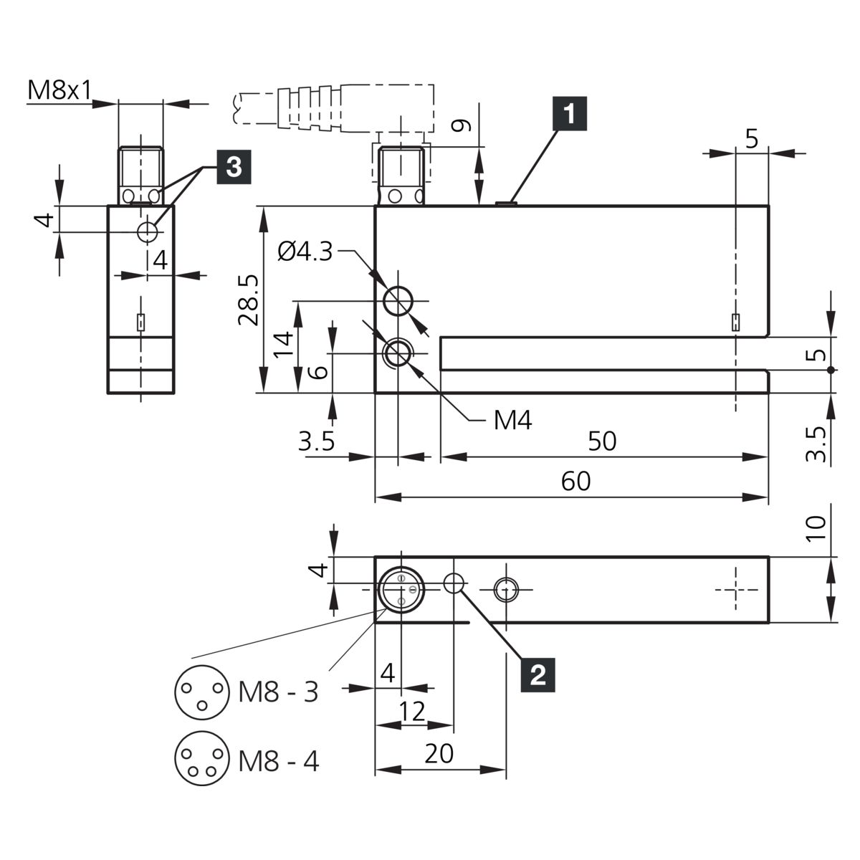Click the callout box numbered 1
click(x=570, y=113)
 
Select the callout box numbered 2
click(x=537, y=675)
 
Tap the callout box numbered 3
click(x=234, y=167)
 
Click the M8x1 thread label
click(x=59, y=90)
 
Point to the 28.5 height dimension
click(x=249, y=300)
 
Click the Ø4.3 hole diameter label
click(x=305, y=252)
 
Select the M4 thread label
click(x=513, y=421)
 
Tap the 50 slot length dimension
click(x=602, y=441)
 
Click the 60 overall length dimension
click(x=575, y=481)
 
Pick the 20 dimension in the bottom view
click(x=439, y=754)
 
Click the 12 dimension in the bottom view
click(x=412, y=712)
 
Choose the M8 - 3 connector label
click(x=279, y=692)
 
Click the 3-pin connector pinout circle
click(x=202, y=692)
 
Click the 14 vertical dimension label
click(x=285, y=344)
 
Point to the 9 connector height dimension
click(x=461, y=126)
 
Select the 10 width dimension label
click(x=816, y=528)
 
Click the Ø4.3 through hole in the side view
click(x=398, y=301)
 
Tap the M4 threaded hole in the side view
click(x=398, y=353)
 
